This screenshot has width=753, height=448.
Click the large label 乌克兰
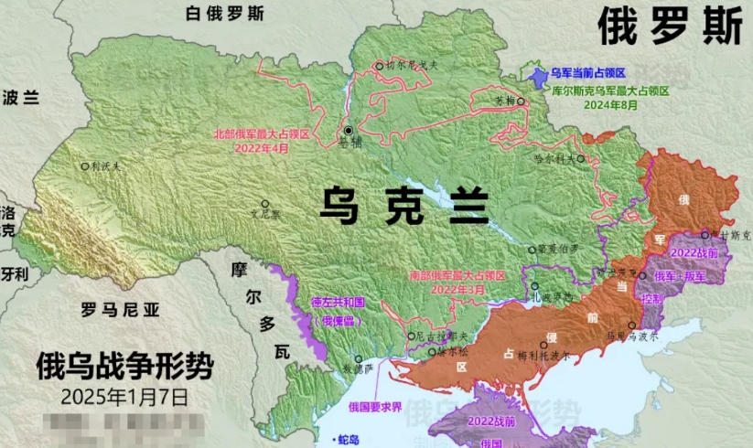(x=403, y=204)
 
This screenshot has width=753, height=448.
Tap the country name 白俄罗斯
(x=224, y=14)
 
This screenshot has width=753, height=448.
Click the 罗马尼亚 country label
(x=120, y=309)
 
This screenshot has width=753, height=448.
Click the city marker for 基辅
(x=348, y=132)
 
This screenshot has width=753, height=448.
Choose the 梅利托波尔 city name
(x=549, y=357)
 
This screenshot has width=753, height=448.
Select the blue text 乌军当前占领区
(x=587, y=72)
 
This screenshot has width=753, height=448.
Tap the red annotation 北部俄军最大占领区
(x=262, y=133)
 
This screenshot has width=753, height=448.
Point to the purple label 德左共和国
(x=338, y=301)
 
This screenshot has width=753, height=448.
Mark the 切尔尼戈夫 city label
(x=413, y=66)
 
